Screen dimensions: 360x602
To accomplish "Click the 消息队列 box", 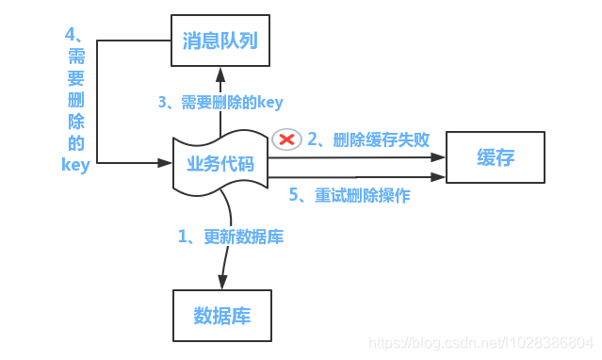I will click(220, 41).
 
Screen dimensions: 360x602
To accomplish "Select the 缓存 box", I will click(496, 157).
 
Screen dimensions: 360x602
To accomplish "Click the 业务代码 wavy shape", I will click(220, 164).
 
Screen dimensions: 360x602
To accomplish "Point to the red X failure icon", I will click(285, 139).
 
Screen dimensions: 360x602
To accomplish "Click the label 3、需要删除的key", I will click(220, 102).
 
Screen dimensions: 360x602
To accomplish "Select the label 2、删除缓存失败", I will click(368, 139).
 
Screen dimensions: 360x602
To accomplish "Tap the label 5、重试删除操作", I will click(349, 196).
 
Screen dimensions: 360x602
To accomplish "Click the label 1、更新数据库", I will click(231, 237).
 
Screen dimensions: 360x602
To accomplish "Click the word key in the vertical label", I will click(75, 165).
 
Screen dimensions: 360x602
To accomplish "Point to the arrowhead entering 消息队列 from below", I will click(220, 73).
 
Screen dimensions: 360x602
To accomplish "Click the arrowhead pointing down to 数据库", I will click(222, 282).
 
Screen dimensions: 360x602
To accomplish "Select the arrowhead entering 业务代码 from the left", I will click(166, 163).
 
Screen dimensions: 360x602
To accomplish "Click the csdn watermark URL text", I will click(480, 342).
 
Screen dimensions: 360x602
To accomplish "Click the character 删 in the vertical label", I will click(75, 100).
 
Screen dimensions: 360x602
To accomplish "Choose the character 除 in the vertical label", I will click(75, 122).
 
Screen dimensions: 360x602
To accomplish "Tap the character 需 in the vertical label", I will click(75, 56).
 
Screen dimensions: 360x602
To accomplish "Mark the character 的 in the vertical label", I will click(75, 143).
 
